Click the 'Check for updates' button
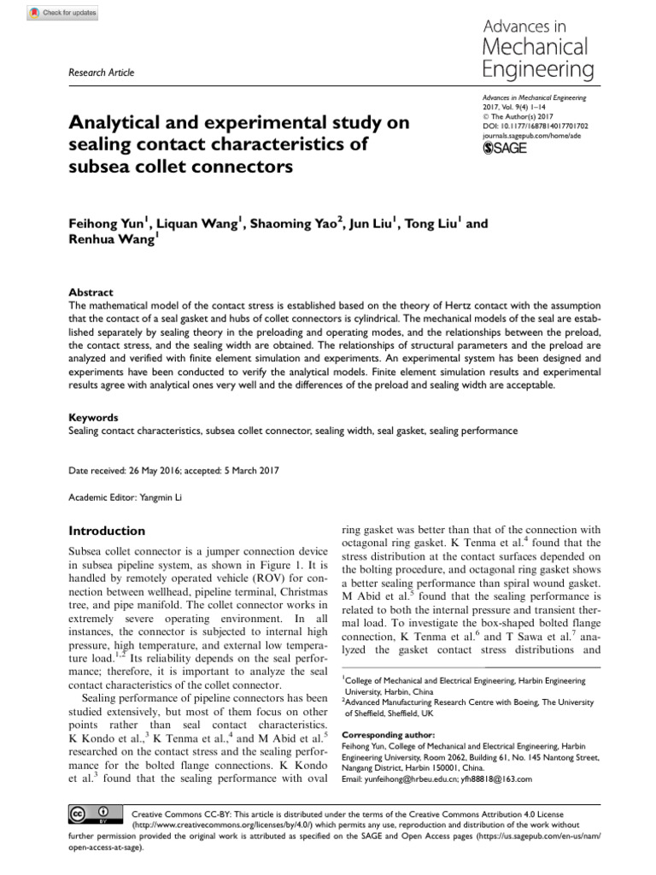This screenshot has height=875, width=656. point(64,13)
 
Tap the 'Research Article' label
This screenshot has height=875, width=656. point(101,73)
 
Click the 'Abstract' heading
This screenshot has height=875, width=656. point(90,292)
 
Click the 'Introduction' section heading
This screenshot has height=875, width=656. point(107,531)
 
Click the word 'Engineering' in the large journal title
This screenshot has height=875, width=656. point(537,68)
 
